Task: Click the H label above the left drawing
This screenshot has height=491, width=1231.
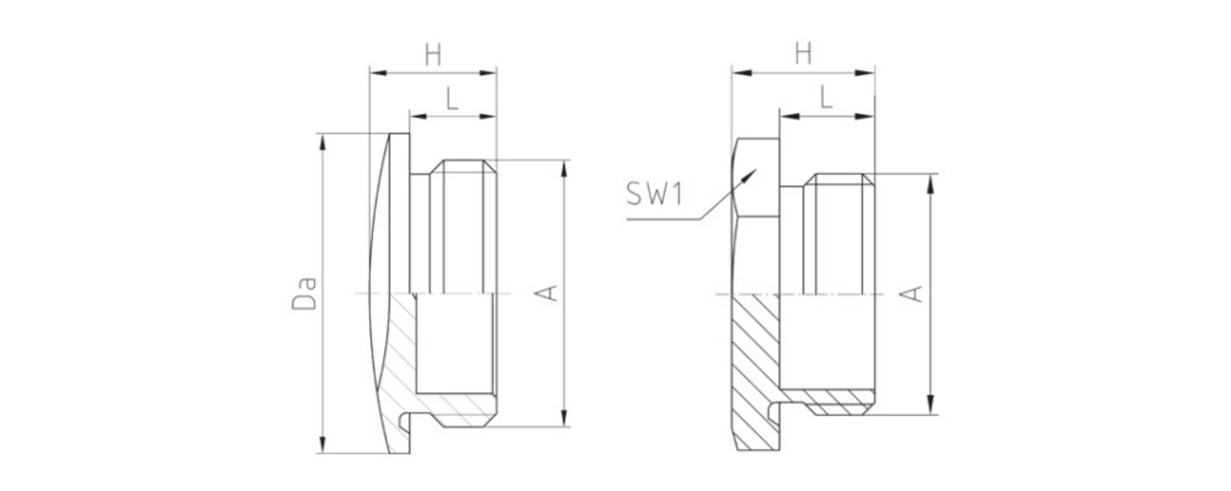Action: (x=433, y=55)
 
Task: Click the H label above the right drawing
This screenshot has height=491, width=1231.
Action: (x=803, y=54)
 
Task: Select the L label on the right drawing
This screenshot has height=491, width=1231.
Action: (x=826, y=97)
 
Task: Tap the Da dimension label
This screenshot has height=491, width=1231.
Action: (x=304, y=293)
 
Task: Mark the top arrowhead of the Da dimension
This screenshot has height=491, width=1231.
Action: (x=323, y=142)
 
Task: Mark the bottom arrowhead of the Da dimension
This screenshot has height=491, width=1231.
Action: (x=323, y=445)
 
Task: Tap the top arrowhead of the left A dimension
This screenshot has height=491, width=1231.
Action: (x=565, y=169)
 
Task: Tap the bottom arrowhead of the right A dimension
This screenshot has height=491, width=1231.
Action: (x=930, y=405)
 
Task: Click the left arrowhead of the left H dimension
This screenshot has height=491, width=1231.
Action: (x=379, y=73)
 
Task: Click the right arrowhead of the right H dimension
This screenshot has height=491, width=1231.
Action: (x=865, y=73)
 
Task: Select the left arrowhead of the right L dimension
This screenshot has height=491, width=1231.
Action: (x=789, y=116)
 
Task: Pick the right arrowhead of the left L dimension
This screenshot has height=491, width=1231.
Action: (x=488, y=116)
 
